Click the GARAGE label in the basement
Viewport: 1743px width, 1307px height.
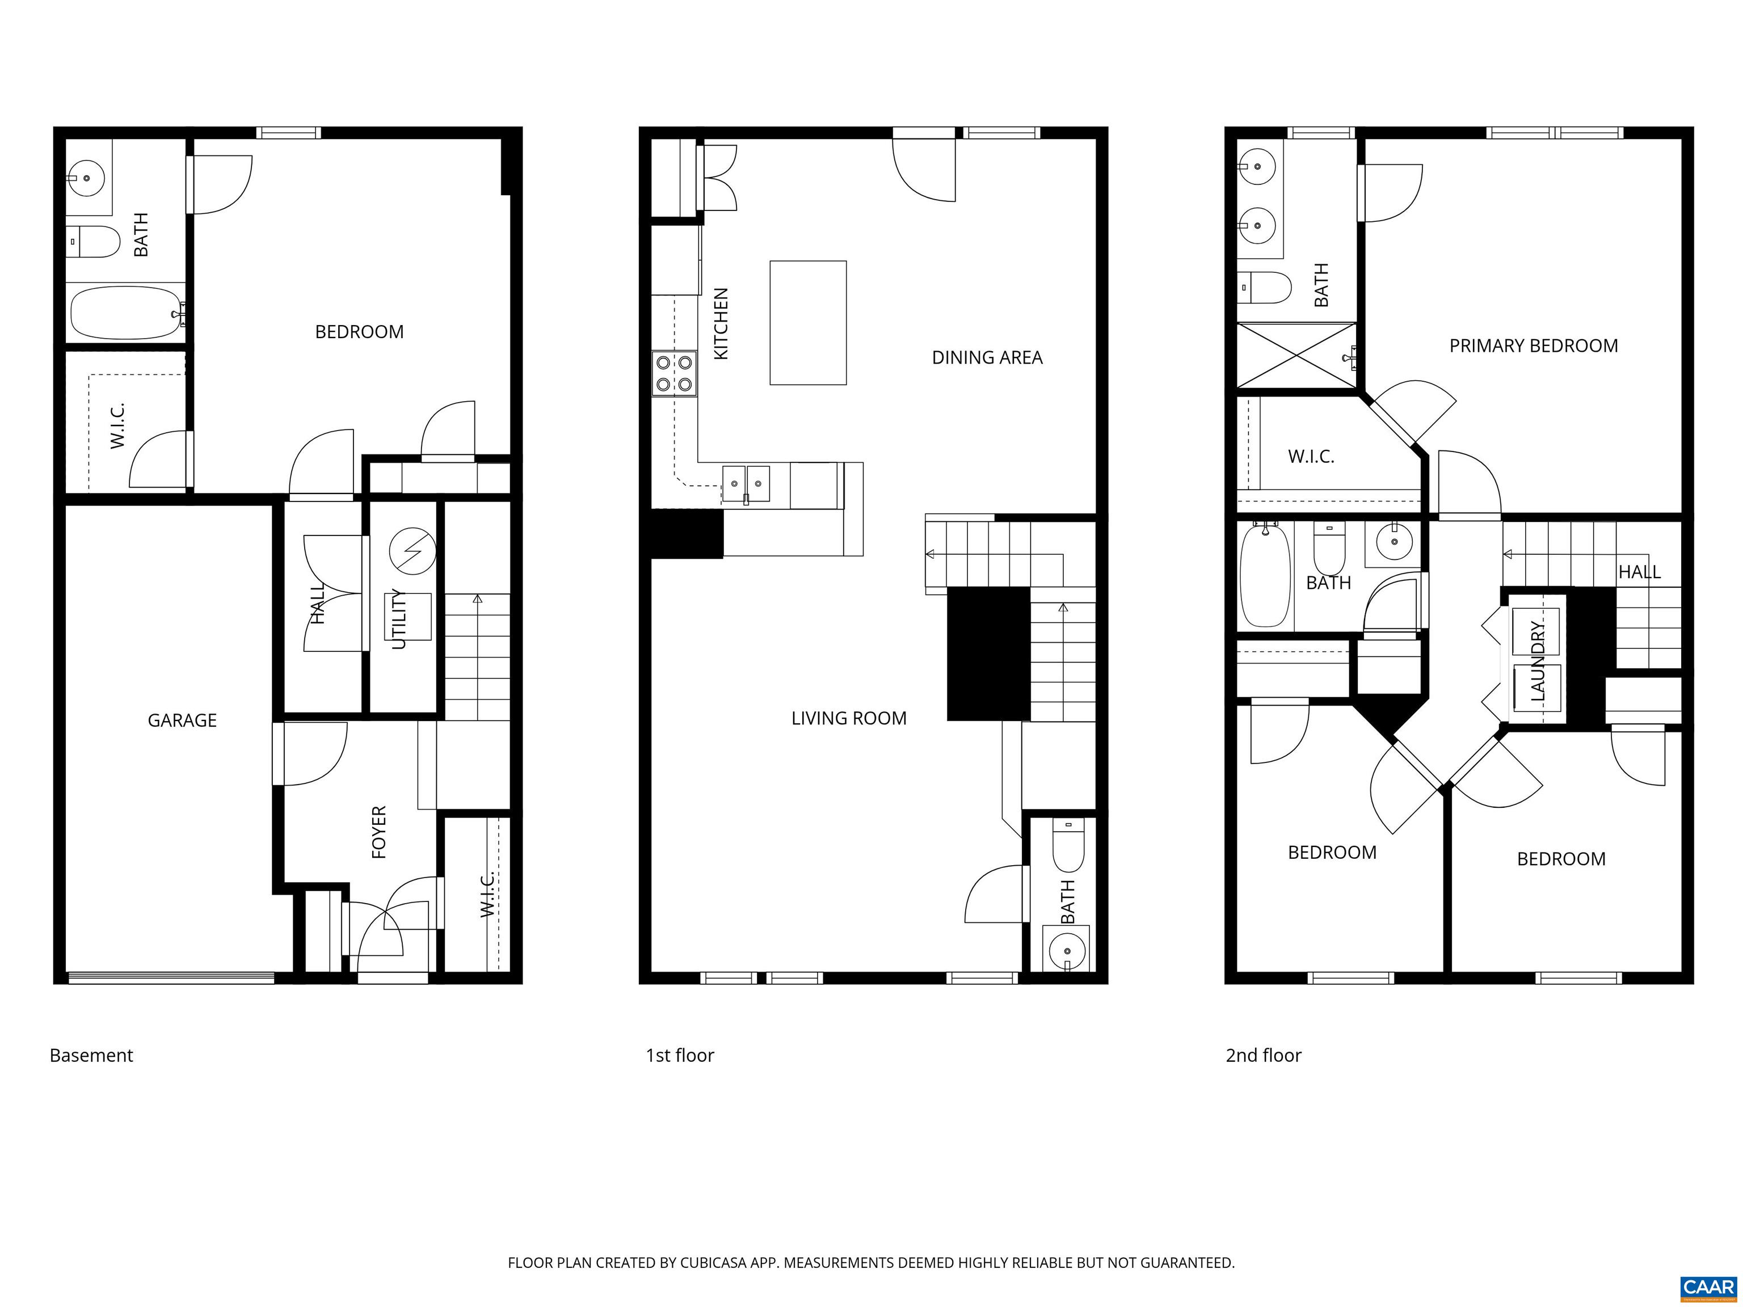[x=182, y=720]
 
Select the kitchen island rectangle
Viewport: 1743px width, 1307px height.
[x=808, y=323]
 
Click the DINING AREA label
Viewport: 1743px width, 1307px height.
[x=987, y=358]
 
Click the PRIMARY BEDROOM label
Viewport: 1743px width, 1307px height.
[x=1534, y=346]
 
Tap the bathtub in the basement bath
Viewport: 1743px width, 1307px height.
[x=126, y=313]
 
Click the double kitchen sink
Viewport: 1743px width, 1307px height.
[x=746, y=483]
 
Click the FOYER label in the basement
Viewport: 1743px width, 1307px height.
[x=379, y=832]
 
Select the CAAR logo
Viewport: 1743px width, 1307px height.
[x=1708, y=1287]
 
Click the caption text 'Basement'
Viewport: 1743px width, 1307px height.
[x=91, y=1056]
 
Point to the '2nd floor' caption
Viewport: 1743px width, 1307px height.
[x=1263, y=1056]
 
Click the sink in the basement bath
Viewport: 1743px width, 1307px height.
[x=87, y=178]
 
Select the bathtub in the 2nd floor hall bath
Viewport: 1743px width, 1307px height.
[x=1265, y=576]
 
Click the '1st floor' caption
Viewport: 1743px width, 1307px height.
[x=679, y=1056]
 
